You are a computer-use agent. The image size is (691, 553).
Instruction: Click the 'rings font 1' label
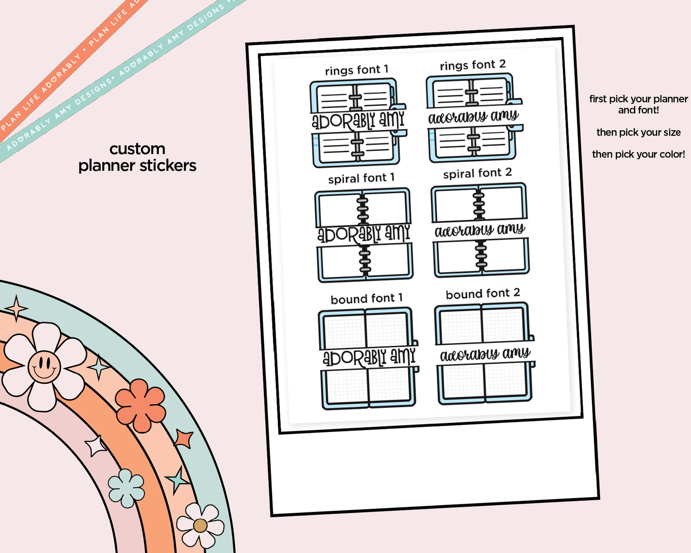click(356, 70)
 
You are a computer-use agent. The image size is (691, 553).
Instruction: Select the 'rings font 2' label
click(472, 65)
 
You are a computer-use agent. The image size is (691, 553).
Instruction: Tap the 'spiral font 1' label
click(361, 178)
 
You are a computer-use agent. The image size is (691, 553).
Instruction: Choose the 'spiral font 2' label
click(477, 173)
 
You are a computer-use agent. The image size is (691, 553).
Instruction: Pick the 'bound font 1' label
click(366, 299)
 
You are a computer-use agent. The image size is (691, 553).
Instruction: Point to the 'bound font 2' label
click(483, 294)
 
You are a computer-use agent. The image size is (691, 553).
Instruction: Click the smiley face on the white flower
click(44, 366)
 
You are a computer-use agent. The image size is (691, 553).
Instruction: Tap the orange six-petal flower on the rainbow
click(140, 405)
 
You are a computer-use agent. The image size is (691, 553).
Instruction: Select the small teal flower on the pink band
click(126, 488)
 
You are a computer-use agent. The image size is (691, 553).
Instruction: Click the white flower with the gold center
click(200, 525)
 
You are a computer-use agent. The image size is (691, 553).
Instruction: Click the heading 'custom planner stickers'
click(137, 157)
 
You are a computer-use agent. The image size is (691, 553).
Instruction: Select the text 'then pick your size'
click(638, 133)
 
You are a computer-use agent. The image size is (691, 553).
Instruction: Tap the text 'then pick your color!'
click(638, 155)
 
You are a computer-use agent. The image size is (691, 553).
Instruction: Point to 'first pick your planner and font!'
click(638, 104)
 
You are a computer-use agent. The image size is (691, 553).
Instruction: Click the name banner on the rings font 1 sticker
click(358, 121)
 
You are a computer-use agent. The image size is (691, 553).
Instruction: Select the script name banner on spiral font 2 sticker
click(480, 231)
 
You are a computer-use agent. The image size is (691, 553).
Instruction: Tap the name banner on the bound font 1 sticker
click(369, 357)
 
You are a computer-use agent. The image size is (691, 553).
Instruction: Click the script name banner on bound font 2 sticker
click(485, 354)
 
